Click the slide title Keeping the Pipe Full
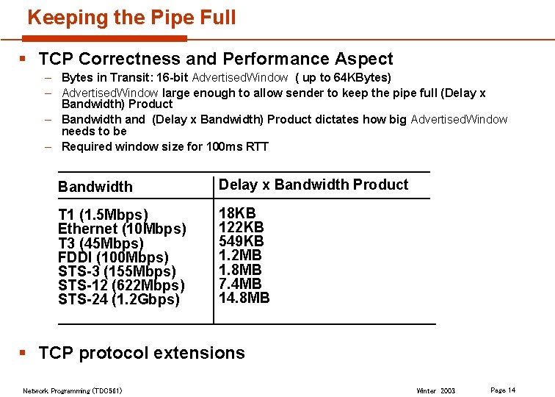click(131, 18)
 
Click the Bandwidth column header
click(95, 187)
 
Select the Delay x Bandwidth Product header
click(313, 185)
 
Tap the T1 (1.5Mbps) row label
click(103, 215)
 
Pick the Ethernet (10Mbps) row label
click(122, 229)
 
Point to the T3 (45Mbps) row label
click(101, 243)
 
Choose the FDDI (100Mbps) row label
click(113, 257)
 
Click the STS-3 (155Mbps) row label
click(117, 271)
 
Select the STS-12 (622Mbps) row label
click(121, 285)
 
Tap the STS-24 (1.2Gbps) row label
click(119, 299)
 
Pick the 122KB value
click(242, 227)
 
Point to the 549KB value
click(242, 241)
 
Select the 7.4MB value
click(240, 283)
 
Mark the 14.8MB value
click(244, 297)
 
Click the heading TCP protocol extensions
click(142, 353)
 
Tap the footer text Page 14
click(503, 390)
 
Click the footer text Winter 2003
click(435, 390)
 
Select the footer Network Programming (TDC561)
click(73, 390)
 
